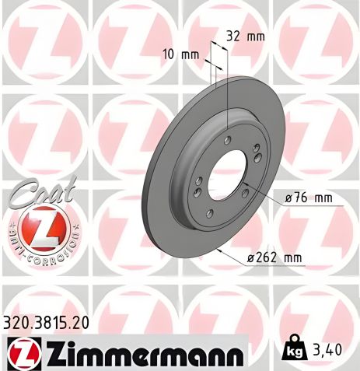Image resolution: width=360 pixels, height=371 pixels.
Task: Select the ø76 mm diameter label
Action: (x=309, y=198)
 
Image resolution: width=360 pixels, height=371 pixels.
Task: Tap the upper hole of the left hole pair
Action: (x=200, y=180)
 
